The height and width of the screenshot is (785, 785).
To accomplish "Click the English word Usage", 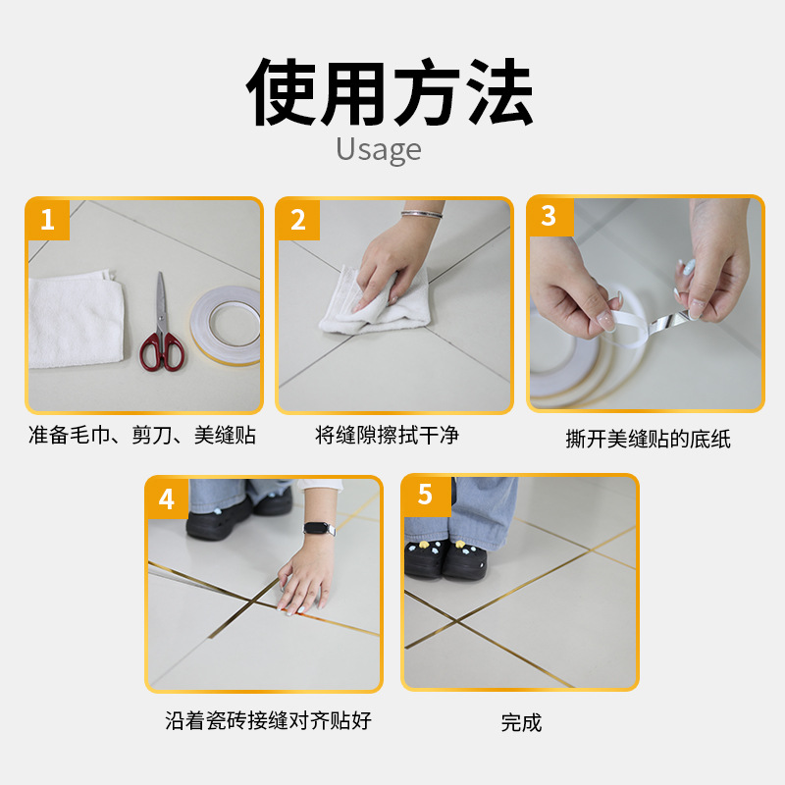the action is click(x=379, y=150).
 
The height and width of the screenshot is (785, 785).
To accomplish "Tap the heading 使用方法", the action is click(x=390, y=92).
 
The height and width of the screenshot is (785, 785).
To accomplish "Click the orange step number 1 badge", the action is click(x=47, y=219).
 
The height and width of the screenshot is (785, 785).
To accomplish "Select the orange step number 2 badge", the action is click(x=298, y=219).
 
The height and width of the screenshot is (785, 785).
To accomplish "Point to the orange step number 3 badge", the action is click(x=549, y=216).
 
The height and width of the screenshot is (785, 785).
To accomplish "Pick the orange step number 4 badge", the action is click(x=167, y=498).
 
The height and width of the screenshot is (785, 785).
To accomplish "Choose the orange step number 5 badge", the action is click(x=425, y=495).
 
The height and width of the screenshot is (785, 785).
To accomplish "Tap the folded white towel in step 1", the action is click(x=76, y=319).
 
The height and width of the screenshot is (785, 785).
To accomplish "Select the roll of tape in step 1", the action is click(x=226, y=325).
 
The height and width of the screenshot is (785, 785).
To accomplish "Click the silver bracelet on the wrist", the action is click(x=422, y=214).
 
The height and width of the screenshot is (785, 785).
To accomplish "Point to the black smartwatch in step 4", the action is click(x=319, y=528).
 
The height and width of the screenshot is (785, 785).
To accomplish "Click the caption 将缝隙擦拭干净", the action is click(x=387, y=435).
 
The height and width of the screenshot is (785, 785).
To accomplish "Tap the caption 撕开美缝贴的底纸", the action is click(x=648, y=439).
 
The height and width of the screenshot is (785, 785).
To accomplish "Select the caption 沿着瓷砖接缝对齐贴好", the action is click(x=268, y=720).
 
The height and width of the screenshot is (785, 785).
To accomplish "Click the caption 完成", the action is click(x=521, y=722).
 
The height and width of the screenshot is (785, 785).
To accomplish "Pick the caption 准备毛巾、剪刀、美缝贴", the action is click(x=142, y=435).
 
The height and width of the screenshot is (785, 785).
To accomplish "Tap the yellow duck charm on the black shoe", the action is click(x=424, y=545).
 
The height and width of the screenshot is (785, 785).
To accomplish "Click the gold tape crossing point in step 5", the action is click(x=456, y=620).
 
